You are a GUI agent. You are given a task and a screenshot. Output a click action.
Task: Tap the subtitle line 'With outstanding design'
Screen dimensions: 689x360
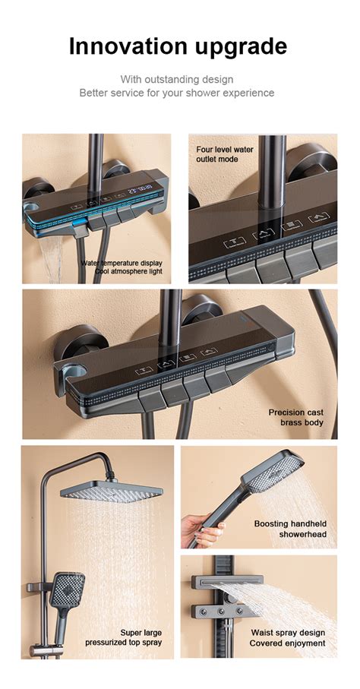point(177,79)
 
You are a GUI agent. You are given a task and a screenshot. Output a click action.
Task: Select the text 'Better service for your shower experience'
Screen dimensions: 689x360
point(177,93)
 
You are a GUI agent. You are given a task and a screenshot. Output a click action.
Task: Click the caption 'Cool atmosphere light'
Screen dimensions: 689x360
point(128,271)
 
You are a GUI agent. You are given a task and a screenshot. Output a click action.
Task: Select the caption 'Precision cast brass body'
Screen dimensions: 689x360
point(295,417)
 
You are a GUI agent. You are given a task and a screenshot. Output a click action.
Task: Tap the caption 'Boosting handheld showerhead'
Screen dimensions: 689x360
point(290,529)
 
